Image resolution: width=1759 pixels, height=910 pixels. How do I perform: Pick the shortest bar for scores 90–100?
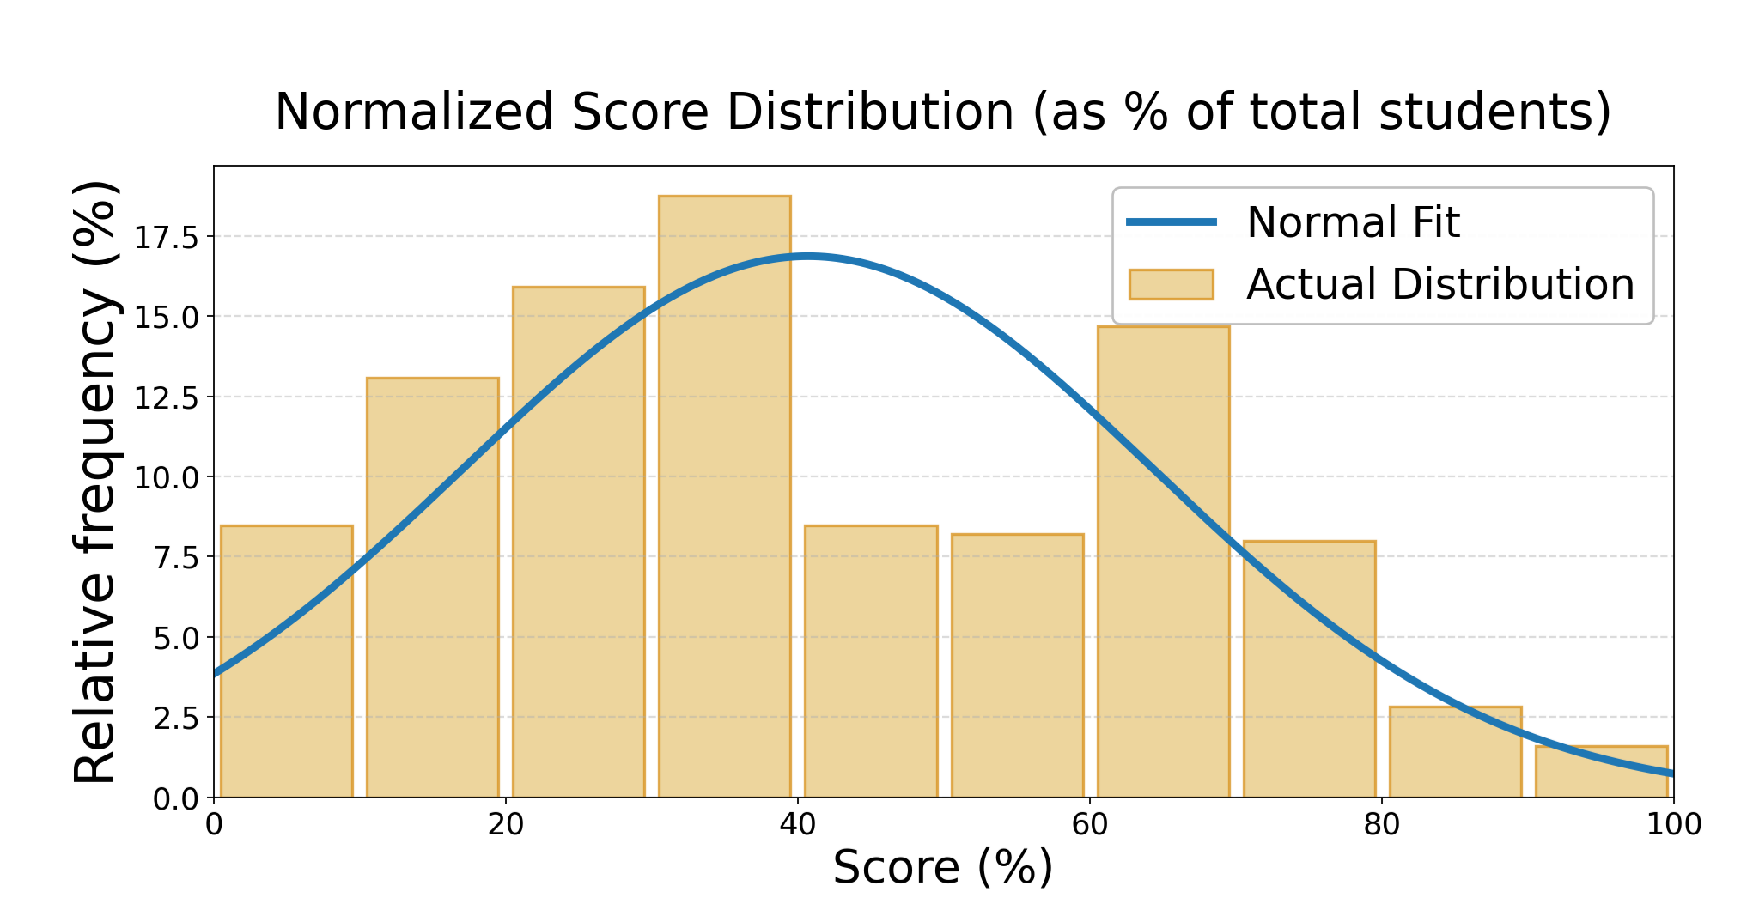[x=1601, y=772]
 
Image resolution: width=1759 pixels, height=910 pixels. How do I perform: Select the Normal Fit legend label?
[x=1353, y=222]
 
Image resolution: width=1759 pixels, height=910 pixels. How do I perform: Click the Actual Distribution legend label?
[x=1440, y=284]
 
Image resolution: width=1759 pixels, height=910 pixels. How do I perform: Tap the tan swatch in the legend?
[x=1171, y=284]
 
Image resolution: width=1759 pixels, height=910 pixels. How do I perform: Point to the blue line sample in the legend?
[x=1171, y=222]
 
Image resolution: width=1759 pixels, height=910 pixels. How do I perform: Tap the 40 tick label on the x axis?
[x=797, y=825]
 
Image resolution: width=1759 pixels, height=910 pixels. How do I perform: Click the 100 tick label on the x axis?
[x=1673, y=825]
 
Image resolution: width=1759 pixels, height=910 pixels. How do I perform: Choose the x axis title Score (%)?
[x=942, y=867]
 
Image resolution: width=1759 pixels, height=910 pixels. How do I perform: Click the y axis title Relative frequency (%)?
[x=94, y=482]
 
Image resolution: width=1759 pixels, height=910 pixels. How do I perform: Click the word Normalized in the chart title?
[x=414, y=112]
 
